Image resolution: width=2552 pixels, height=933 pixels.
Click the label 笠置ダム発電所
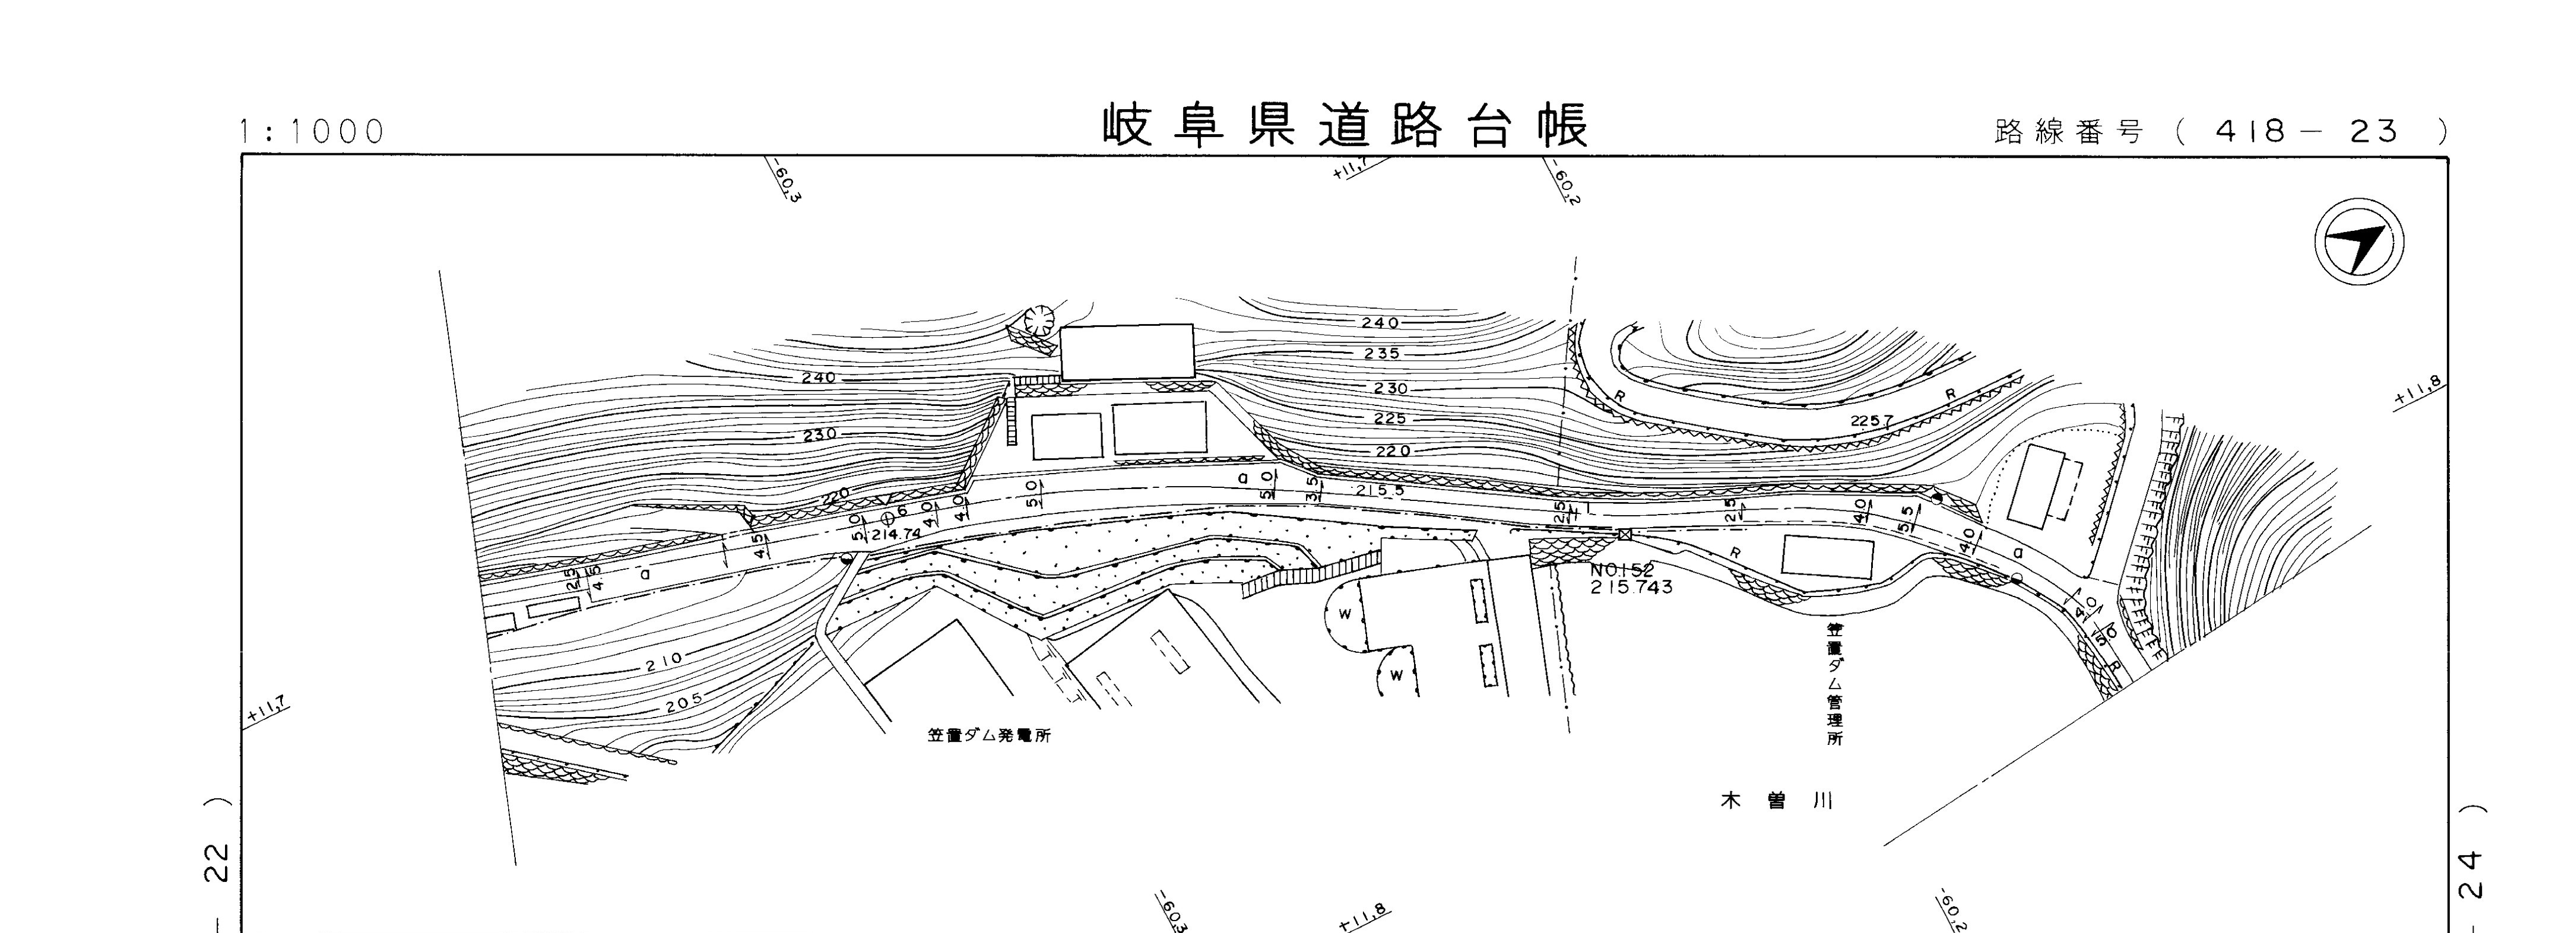pyautogui.click(x=990, y=736)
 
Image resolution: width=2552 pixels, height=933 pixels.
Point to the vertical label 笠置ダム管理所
pyautogui.click(x=1835, y=683)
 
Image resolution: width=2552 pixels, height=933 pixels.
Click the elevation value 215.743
pyautogui.click(x=1631, y=588)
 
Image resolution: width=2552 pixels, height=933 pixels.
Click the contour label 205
pyautogui.click(x=684, y=702)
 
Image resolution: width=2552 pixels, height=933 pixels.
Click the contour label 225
pyautogui.click(x=1390, y=419)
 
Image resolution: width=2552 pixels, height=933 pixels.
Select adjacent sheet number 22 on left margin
pyautogui.click(x=219, y=862)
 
